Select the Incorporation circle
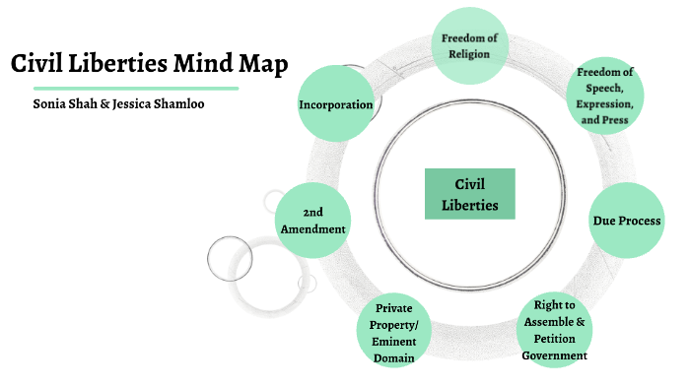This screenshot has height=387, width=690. pos(335,104)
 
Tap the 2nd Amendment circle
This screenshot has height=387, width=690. pos(312,220)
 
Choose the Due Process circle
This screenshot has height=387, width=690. pos(625,220)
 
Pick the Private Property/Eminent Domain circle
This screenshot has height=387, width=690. pos(393,333)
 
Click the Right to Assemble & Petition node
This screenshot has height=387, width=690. pos(554,330)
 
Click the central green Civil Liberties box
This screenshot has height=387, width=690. pos(470,194)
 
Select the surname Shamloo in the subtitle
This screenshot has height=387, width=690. pos(175,103)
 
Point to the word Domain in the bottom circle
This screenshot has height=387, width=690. pos(393,358)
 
